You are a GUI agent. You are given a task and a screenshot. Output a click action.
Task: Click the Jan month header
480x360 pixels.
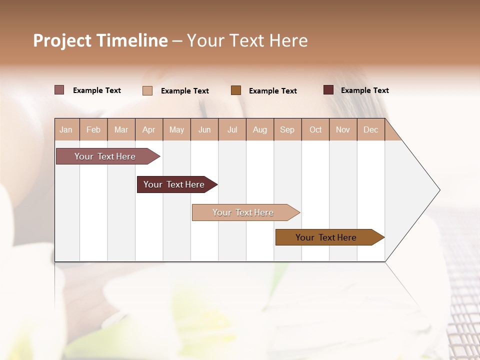[x=66, y=129]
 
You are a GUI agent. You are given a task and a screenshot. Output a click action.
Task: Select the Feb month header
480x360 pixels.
[x=93, y=129]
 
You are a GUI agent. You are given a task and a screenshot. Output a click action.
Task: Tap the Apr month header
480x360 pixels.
[x=148, y=129]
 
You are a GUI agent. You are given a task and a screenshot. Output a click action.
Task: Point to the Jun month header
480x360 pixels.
[x=204, y=129]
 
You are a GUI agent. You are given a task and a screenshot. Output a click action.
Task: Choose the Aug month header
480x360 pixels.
[x=259, y=129]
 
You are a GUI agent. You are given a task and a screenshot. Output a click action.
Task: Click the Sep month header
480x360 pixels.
[x=287, y=129]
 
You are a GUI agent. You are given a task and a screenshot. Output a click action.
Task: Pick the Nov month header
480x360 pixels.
[x=342, y=129]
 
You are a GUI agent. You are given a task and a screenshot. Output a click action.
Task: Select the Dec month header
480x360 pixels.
[x=370, y=129]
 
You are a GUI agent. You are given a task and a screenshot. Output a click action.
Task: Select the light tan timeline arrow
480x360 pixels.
[x=243, y=212]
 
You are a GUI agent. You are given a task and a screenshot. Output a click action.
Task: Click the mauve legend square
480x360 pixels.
[x=59, y=90]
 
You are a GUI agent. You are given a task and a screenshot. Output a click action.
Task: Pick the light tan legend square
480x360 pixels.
[x=147, y=90]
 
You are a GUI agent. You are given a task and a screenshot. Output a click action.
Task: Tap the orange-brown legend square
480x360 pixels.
[x=235, y=90]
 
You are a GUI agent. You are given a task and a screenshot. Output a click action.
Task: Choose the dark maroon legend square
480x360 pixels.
[x=328, y=90]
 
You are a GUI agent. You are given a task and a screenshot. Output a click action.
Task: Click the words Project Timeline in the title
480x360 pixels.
[x=100, y=40]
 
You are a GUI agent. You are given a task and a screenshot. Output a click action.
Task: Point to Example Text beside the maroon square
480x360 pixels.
[x=364, y=90]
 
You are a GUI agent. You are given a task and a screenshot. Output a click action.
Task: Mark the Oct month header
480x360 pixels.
[x=315, y=129]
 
